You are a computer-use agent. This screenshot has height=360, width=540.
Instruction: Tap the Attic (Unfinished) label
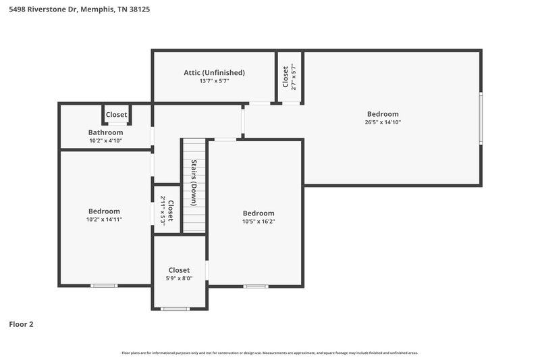coord(214,72)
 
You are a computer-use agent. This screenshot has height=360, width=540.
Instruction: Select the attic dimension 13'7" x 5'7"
coord(214,81)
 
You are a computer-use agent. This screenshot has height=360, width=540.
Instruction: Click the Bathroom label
coord(106,132)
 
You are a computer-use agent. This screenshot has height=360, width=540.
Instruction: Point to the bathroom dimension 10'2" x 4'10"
coord(106,140)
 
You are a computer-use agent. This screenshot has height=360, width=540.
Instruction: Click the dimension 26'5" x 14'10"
coord(383,122)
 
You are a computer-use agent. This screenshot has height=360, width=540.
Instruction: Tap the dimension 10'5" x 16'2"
coord(259,221)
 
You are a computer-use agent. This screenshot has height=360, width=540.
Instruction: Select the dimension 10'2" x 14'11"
coord(104,219)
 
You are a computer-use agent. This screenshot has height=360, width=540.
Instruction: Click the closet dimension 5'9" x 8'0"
coord(180,278)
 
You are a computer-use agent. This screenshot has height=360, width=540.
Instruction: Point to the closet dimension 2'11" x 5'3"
coord(163,210)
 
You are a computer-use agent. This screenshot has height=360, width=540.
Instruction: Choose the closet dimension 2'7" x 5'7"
coord(294,77)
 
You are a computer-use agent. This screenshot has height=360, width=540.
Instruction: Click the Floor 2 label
coord(21,324)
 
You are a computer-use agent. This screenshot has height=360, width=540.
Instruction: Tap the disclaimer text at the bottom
coord(269,353)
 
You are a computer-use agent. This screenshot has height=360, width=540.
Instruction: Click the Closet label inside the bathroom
coord(116,115)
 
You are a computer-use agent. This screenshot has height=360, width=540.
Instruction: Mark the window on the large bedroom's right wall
coord(481,118)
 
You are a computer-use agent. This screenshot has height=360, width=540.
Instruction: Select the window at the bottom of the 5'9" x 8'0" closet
coord(175,309)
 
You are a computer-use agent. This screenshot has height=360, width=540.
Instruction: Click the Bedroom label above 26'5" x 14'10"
coord(383,114)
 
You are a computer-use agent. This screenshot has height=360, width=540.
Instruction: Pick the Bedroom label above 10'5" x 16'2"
coord(259,213)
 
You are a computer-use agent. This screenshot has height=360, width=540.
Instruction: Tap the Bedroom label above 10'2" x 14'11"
coord(103,211)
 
